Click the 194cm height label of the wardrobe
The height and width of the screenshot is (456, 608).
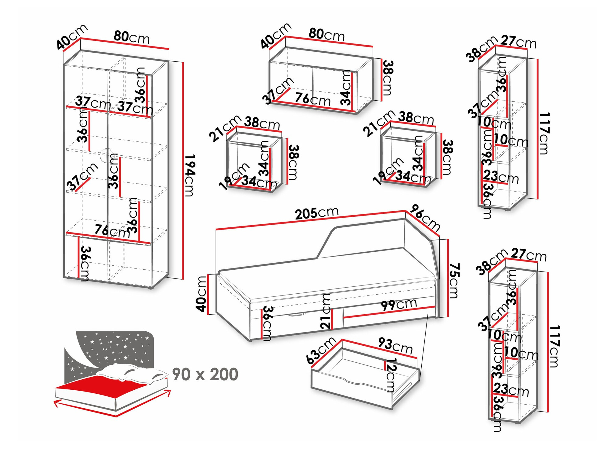point(189,175)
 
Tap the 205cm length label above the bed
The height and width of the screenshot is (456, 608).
point(316,213)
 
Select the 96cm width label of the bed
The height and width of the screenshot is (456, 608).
point(425,218)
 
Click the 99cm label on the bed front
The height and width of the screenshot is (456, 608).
point(399,304)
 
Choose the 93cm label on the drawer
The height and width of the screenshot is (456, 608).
point(395,346)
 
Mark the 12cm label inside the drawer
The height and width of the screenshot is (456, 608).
point(390,375)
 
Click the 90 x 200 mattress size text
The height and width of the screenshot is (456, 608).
point(205,374)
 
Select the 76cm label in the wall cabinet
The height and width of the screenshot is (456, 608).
point(313,99)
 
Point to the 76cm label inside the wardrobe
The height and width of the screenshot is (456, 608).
point(112,231)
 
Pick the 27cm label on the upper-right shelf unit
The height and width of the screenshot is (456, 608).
point(519,42)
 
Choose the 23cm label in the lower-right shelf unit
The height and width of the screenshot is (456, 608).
point(511,389)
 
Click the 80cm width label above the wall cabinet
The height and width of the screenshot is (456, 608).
point(326,35)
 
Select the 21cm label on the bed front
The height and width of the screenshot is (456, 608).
point(326,311)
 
